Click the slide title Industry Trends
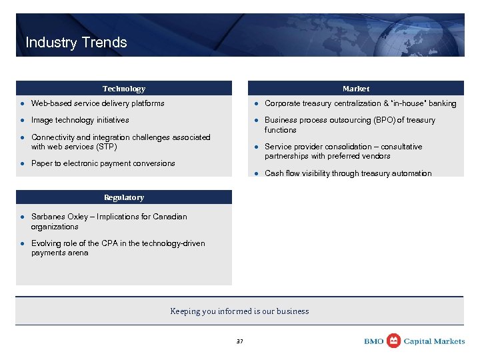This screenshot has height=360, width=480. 76,43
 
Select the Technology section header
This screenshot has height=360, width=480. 124,89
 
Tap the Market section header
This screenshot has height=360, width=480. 355,89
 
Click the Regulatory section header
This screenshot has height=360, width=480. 124,197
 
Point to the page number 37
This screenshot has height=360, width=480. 240,341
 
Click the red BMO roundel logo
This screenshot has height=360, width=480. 394,341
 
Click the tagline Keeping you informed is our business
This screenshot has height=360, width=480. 239,311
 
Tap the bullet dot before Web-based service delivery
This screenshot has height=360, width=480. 22,104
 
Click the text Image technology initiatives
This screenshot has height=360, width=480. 80,121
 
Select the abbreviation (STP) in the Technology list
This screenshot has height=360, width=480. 105,147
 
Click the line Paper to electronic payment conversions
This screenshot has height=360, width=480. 103,163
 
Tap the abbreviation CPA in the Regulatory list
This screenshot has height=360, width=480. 98,243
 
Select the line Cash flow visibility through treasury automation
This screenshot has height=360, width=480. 348,173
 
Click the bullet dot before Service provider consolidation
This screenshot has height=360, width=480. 255,147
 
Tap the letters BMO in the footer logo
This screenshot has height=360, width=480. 374,341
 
